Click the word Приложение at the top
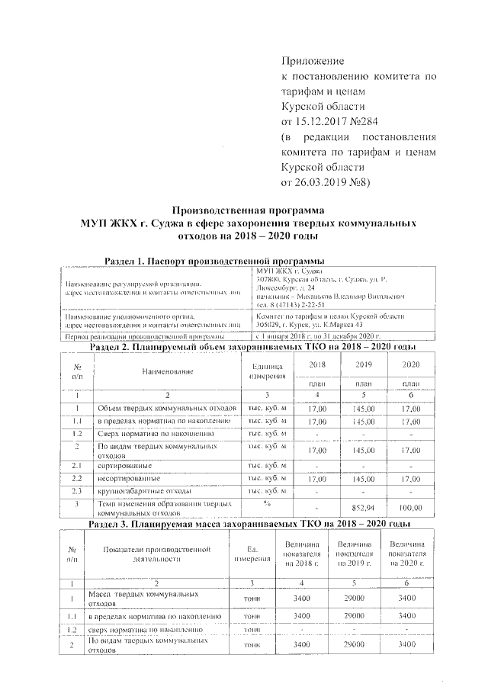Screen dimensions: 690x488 point(313,60)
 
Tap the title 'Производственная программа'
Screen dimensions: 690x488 point(249,210)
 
